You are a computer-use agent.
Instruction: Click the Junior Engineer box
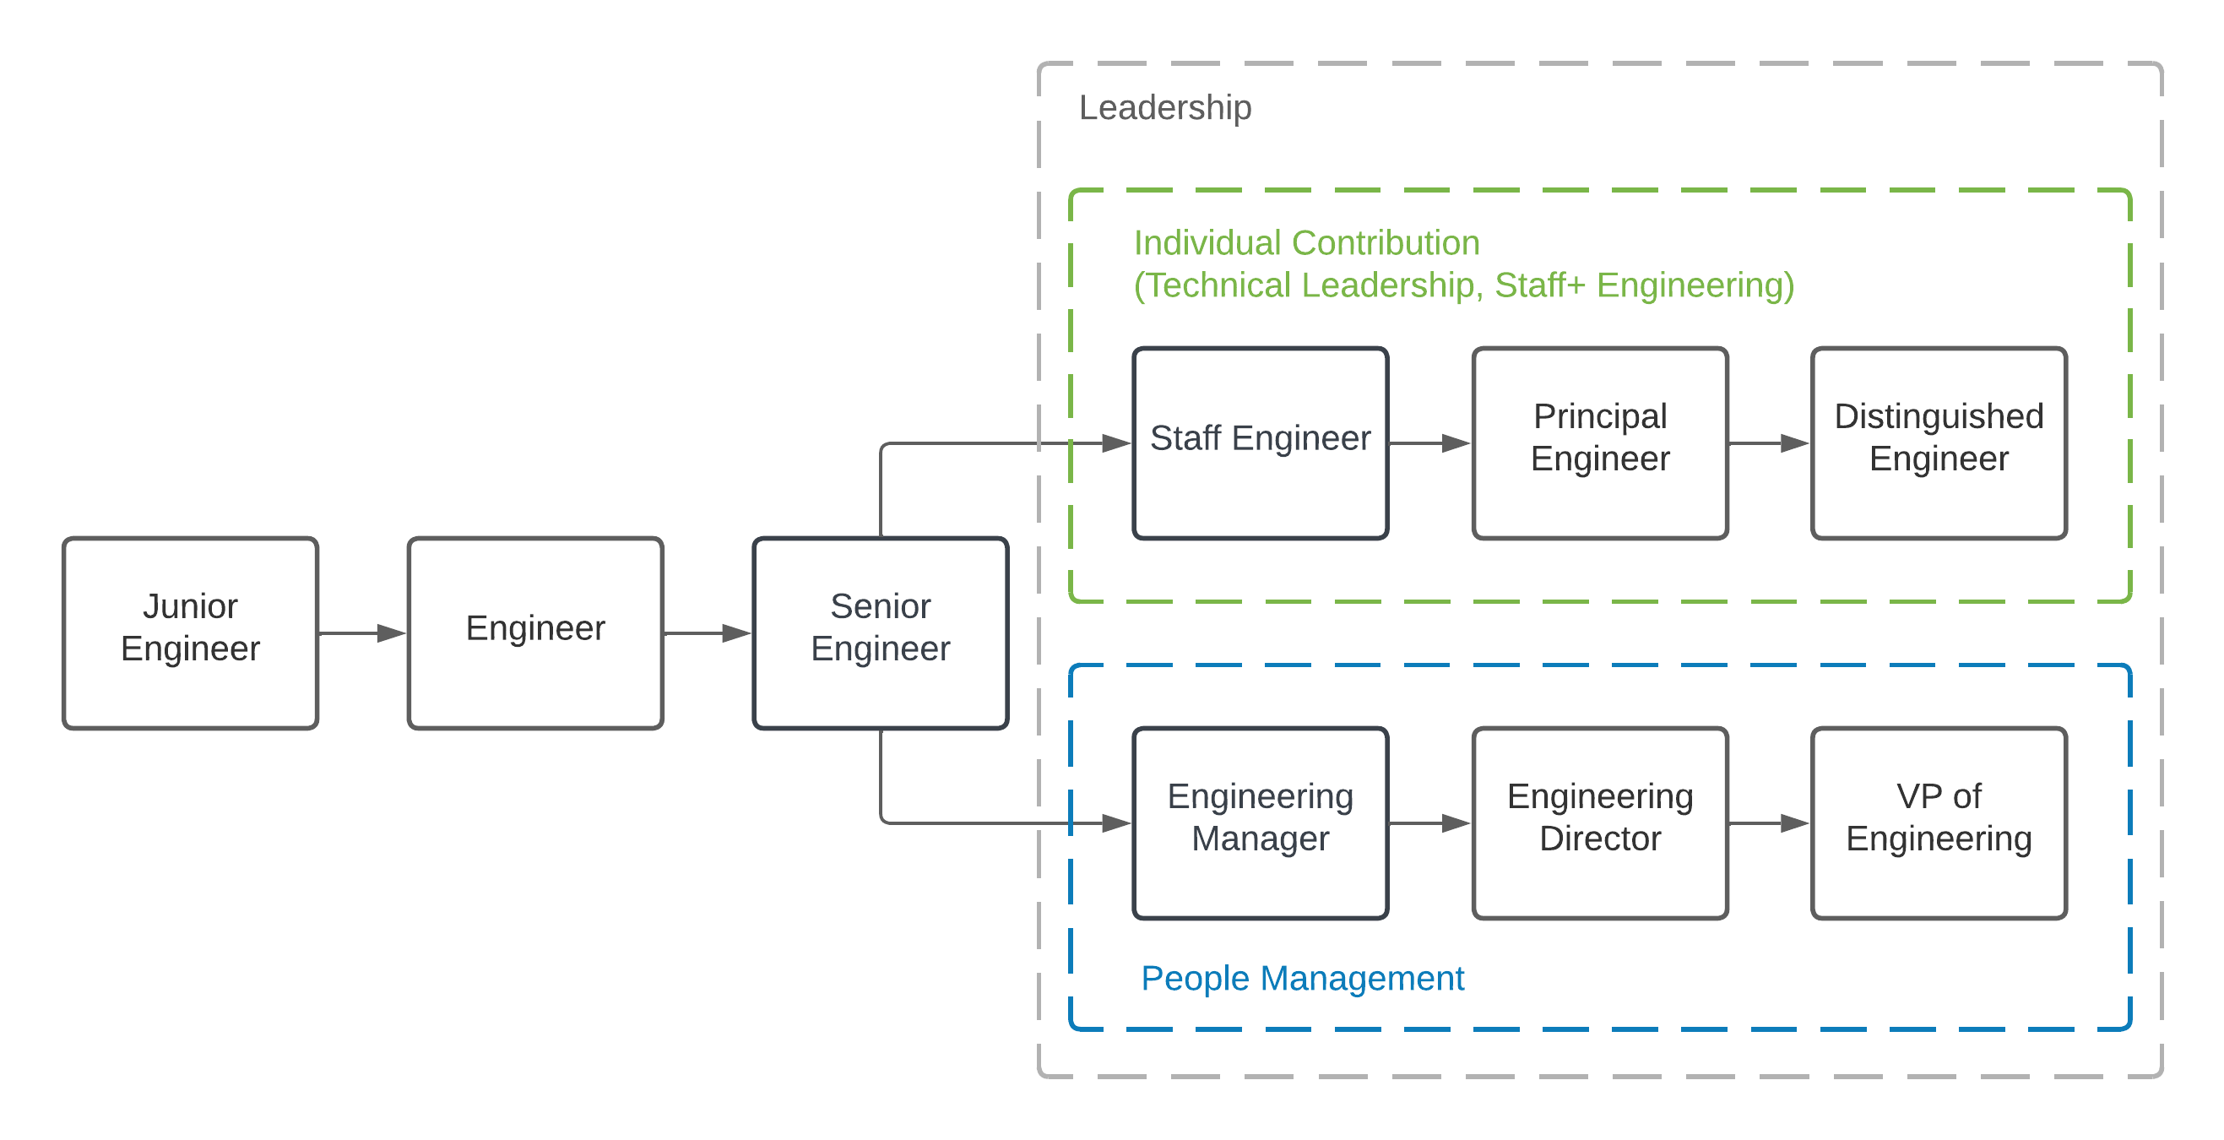coord(190,633)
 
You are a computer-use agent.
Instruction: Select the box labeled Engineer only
coord(535,633)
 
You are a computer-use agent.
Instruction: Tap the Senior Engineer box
coord(880,633)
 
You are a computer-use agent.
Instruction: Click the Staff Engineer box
coord(1260,443)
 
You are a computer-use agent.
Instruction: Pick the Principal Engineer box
coord(1600,443)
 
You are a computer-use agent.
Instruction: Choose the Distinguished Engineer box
coord(1939,443)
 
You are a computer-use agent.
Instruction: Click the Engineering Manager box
coord(1260,823)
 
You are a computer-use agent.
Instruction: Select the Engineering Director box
coord(1600,823)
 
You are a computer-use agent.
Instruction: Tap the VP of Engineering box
coord(1939,823)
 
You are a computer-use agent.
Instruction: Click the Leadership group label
coord(1164,108)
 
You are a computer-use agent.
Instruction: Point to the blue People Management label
coord(1302,979)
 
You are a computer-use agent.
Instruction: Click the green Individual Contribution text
coord(1306,243)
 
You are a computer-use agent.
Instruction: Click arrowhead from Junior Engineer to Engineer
coord(391,633)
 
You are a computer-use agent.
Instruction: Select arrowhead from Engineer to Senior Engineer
coord(736,633)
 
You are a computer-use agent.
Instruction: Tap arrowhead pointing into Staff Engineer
coord(1116,443)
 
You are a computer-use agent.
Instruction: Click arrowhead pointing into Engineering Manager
coord(1116,823)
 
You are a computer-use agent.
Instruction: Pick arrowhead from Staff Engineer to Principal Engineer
coord(1456,443)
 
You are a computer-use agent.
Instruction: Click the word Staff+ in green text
coord(1539,286)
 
